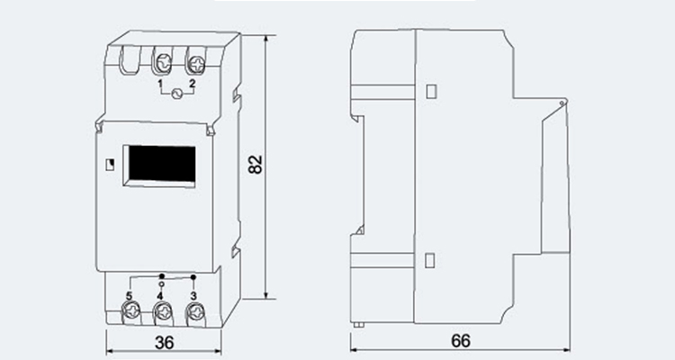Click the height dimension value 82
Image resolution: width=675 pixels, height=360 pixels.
(256, 164)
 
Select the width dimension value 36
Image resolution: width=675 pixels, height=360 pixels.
(164, 343)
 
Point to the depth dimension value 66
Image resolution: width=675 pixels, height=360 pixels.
(461, 341)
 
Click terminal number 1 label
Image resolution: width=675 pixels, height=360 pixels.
(160, 84)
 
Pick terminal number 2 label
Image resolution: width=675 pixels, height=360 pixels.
(192, 84)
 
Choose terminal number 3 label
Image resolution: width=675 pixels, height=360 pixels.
(193, 296)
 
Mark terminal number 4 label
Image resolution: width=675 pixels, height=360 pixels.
(160, 296)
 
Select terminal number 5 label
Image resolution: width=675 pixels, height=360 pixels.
(129, 296)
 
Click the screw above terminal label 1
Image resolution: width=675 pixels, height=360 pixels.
(163, 64)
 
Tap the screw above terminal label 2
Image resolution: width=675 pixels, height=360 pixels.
(196, 65)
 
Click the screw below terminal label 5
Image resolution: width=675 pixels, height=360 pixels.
(130, 310)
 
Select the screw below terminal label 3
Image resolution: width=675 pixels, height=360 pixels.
(196, 310)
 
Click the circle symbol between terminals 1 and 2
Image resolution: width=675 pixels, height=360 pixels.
(176, 94)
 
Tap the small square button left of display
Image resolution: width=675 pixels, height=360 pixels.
(110, 165)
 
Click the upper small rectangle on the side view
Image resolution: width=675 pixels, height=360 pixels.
(431, 91)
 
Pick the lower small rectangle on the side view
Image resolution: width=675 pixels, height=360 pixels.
(429, 260)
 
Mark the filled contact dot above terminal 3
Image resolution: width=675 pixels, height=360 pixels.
(193, 277)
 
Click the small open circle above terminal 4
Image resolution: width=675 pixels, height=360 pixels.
(161, 284)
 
